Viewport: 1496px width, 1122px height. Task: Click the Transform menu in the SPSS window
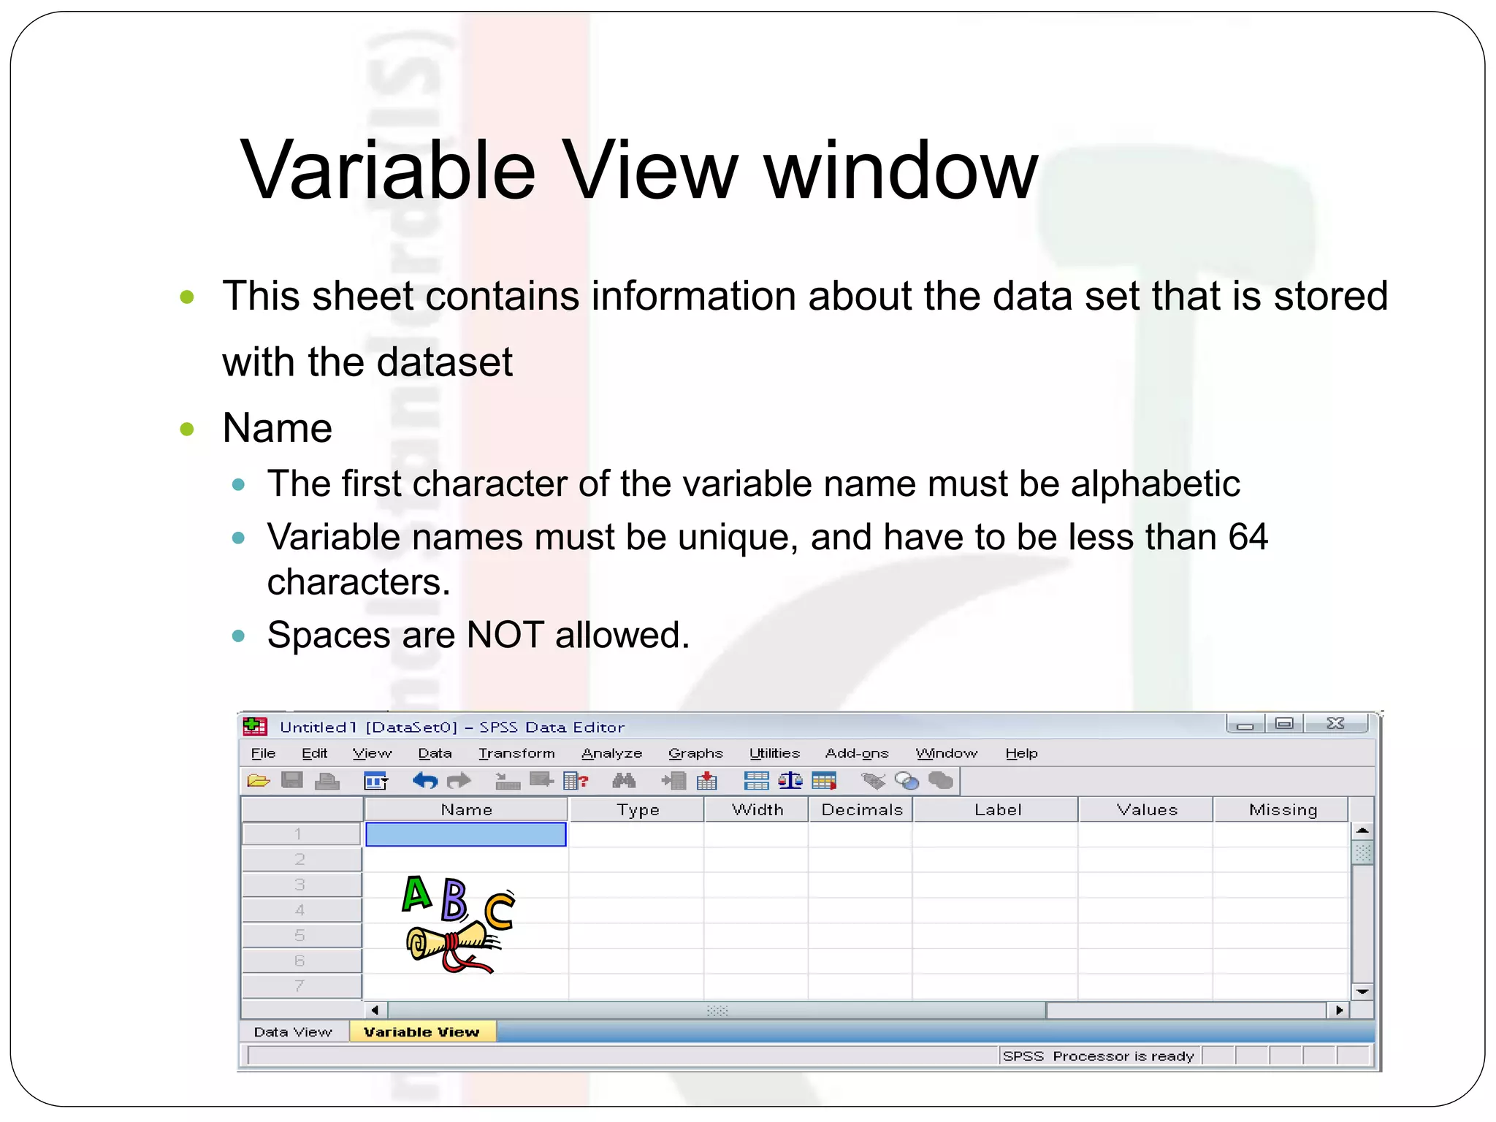(516, 753)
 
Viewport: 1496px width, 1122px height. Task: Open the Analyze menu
(611, 753)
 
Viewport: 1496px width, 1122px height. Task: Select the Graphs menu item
(695, 753)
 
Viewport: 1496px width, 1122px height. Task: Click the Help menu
(1021, 753)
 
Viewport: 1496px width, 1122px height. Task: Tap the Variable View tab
(421, 1031)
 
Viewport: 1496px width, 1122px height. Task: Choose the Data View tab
(293, 1031)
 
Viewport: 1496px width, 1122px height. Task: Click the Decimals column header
(862, 809)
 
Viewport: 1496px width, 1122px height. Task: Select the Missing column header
(1283, 809)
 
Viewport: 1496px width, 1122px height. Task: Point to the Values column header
(1147, 809)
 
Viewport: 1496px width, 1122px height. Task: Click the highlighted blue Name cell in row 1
(466, 834)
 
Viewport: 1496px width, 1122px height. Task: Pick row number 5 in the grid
(299, 935)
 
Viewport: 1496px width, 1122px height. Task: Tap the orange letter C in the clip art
(500, 911)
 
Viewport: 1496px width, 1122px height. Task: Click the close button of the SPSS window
(1335, 723)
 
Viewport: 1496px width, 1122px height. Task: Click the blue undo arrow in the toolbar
(425, 781)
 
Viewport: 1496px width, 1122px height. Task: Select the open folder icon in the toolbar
(258, 781)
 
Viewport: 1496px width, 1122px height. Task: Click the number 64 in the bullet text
(1248, 537)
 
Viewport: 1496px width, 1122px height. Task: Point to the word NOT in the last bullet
(505, 634)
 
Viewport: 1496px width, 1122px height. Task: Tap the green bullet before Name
(187, 428)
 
